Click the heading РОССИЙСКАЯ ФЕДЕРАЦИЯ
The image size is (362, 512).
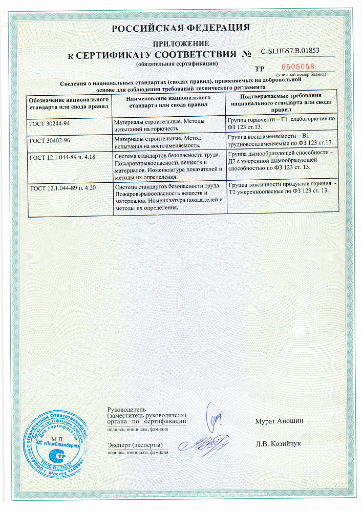181,28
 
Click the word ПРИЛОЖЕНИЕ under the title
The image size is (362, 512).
181,44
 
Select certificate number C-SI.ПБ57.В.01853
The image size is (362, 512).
290,51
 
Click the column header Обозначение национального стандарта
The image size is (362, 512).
69,101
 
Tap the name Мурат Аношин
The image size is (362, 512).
279,421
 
